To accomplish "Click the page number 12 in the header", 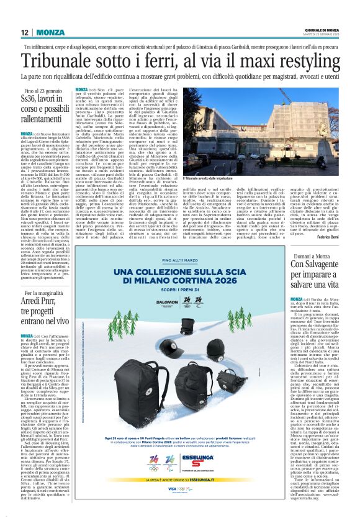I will pyautogui.click(x=24, y=32).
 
